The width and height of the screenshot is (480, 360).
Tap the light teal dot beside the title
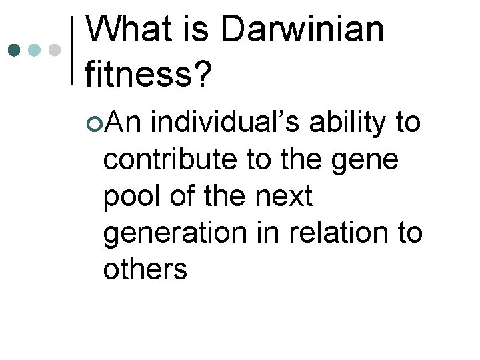(x=34, y=49)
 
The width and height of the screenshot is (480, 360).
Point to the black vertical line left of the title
(x=73, y=49)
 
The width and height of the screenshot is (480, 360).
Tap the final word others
(x=145, y=271)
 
